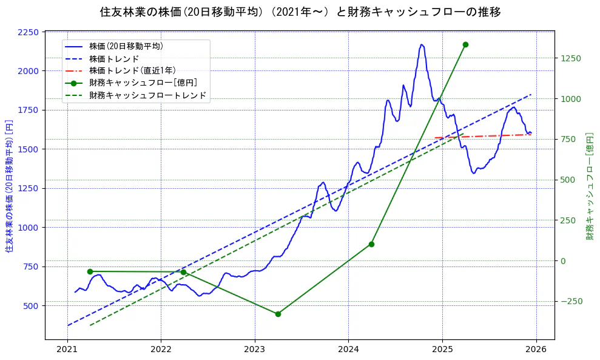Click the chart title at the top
(300, 12)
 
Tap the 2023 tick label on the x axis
(255, 350)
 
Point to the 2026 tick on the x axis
(536, 350)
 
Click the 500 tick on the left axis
(30, 305)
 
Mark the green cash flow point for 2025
(465, 44)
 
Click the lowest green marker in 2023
(278, 314)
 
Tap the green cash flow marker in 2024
(371, 244)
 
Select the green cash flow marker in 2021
(90, 271)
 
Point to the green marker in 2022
(183, 272)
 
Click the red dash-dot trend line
(485, 136)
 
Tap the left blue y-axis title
(9, 185)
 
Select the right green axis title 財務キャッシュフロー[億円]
(590, 185)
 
